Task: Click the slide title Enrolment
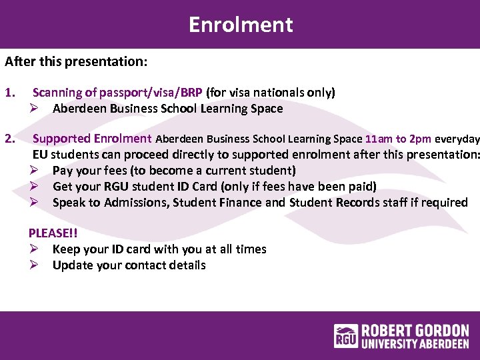(240, 25)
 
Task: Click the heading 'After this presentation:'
(76, 62)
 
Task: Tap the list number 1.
(10, 93)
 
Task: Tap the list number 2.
(10, 139)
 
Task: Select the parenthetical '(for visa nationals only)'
(271, 93)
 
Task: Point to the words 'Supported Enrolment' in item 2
(92, 139)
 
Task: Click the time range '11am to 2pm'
(398, 139)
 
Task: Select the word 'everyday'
(457, 139)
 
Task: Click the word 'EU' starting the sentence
(40, 155)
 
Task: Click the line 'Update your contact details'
(129, 265)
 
